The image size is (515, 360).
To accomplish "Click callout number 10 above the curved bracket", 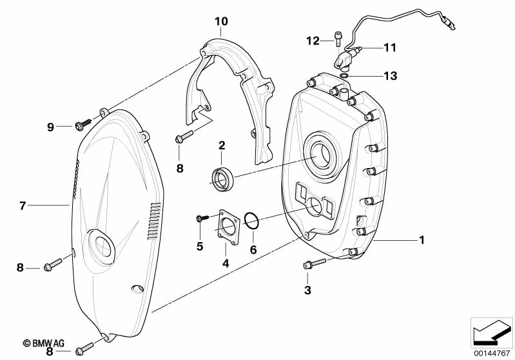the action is click(x=221, y=22).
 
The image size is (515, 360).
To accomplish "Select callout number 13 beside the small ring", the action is click(x=391, y=76).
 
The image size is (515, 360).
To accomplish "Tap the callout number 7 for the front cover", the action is click(x=23, y=206).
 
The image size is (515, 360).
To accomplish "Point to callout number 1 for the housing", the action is click(x=422, y=240).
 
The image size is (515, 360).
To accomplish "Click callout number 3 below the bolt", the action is click(x=307, y=290).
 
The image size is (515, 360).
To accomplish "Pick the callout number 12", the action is click(x=313, y=41).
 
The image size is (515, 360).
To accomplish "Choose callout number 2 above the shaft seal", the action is click(x=222, y=146).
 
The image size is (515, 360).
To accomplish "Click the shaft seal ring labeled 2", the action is click(x=222, y=179).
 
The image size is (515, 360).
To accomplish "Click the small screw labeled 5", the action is click(x=202, y=218).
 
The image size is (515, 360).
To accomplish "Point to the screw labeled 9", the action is click(x=83, y=125).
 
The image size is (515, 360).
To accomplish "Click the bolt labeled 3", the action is click(x=315, y=263).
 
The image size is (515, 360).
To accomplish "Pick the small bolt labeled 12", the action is click(x=338, y=39).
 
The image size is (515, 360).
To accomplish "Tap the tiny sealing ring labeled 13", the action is click(x=344, y=76).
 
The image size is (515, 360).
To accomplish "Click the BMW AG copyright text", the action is click(x=43, y=343).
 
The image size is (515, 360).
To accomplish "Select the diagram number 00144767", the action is click(x=492, y=354).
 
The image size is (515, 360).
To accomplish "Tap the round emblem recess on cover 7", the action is click(x=101, y=246).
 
